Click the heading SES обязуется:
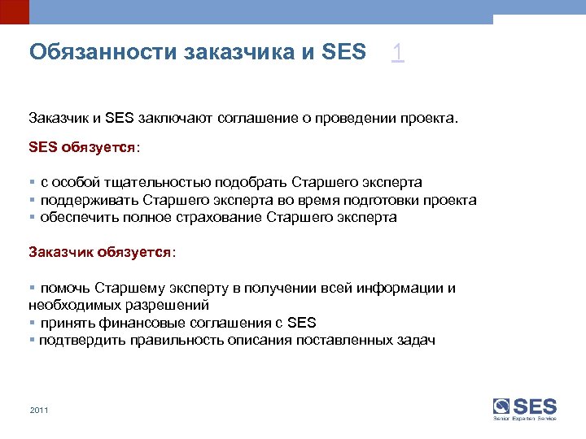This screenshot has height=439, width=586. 85,149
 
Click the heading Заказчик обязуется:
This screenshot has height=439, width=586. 103,252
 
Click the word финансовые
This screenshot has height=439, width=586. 136,322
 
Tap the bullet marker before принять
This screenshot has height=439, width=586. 32,323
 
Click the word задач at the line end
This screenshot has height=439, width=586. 416,340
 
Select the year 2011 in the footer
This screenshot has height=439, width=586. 39,410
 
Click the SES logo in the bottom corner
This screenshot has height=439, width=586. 524,407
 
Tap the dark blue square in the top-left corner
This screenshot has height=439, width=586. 14,11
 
